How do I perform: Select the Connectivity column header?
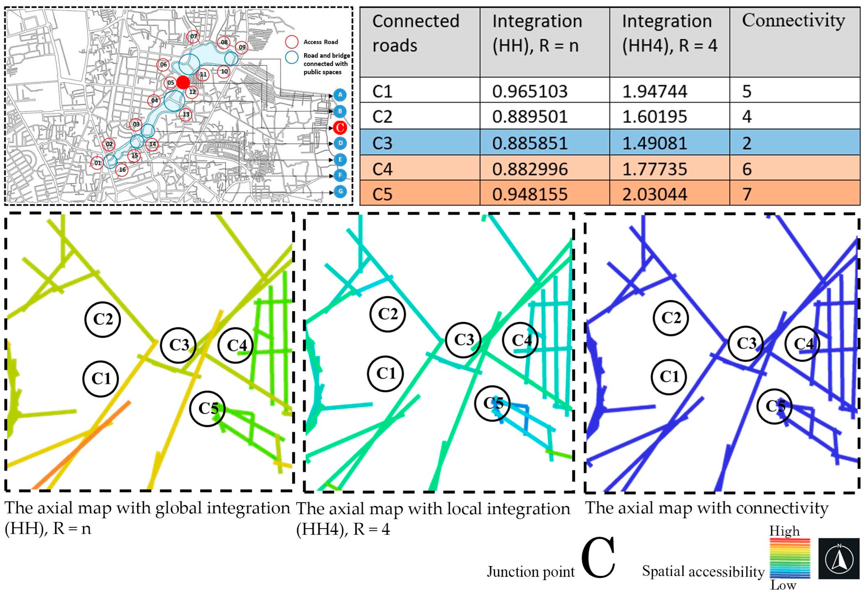coord(793,21)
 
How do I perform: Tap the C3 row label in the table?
coord(382,143)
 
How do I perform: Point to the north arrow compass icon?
coord(839,558)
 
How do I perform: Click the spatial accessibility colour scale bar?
coord(790,558)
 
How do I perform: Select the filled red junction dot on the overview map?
coord(183,82)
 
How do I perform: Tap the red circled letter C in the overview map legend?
coord(339,127)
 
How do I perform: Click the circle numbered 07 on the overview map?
coord(193,37)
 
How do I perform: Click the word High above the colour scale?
coord(785,531)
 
